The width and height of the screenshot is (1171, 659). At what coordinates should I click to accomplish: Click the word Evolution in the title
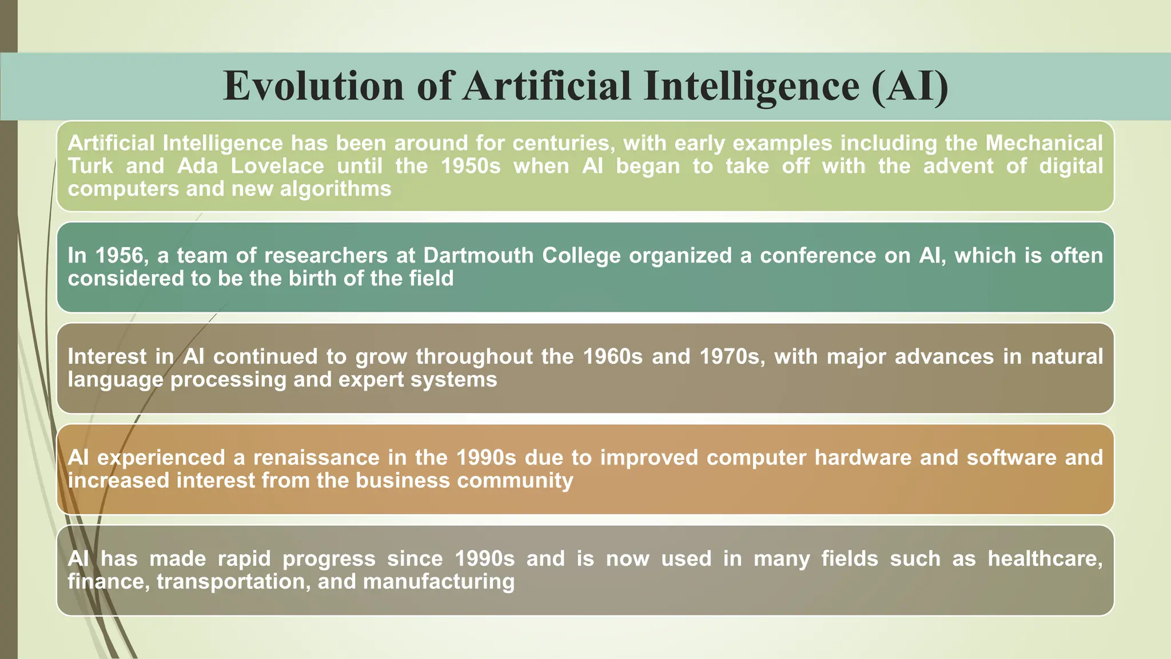313,86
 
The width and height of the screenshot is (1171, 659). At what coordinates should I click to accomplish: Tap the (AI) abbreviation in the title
910,86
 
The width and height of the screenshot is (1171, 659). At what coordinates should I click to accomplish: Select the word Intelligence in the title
751,86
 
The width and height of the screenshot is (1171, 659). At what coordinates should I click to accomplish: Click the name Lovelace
277,166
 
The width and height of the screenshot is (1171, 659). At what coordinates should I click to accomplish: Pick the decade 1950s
471,166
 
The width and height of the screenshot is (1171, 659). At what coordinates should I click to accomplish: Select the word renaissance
316,458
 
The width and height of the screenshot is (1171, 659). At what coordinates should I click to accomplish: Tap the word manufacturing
439,582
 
